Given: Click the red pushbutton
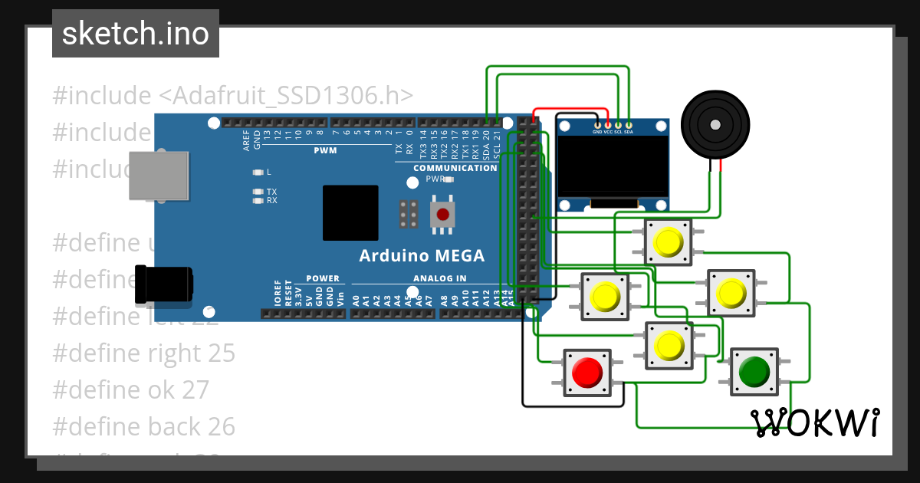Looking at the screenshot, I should pyautogui.click(x=587, y=373).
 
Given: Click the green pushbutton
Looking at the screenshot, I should pyautogui.click(x=754, y=372).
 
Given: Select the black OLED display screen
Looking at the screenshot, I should pyautogui.click(x=612, y=165).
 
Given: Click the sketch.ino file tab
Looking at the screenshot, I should pyautogui.click(x=136, y=34).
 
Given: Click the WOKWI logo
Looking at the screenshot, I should pyautogui.click(x=815, y=422).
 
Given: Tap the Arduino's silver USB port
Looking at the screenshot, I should pyautogui.click(x=158, y=176).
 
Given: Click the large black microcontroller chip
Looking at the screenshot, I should pyautogui.click(x=350, y=213).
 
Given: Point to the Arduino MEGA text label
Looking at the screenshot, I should pyautogui.click(x=422, y=255).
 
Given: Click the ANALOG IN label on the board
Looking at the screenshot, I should pyautogui.click(x=439, y=278).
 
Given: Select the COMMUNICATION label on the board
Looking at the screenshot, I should pyautogui.click(x=455, y=168).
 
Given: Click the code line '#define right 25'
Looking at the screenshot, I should pyautogui.click(x=143, y=353).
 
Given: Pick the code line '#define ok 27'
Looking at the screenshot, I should pyautogui.click(x=130, y=389).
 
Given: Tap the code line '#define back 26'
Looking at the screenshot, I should pyautogui.click(x=143, y=426).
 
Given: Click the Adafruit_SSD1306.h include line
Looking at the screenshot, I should pyautogui.click(x=233, y=96).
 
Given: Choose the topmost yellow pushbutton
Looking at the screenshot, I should pyautogui.click(x=668, y=243).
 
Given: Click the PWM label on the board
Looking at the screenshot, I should pyautogui.click(x=325, y=150).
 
